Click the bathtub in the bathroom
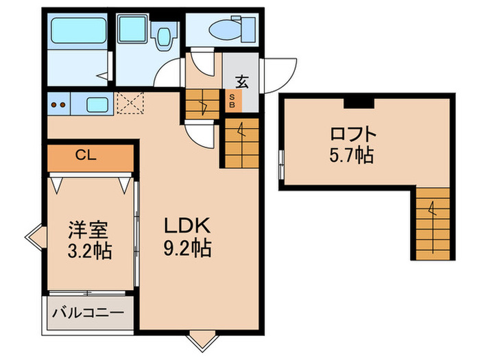pyautogui.click(x=77, y=31)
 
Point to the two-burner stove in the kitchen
pyautogui.click(x=58, y=106)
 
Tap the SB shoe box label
pyautogui.click(x=232, y=101)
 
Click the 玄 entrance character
pyautogui.click(x=242, y=80)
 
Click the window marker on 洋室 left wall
pyautogui.click(x=34, y=239)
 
